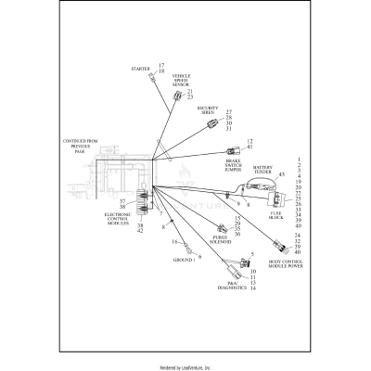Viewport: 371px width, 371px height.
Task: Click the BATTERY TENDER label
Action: pyautogui.click(x=262, y=173)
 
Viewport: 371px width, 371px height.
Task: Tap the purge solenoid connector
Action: pyautogui.click(x=221, y=228)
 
